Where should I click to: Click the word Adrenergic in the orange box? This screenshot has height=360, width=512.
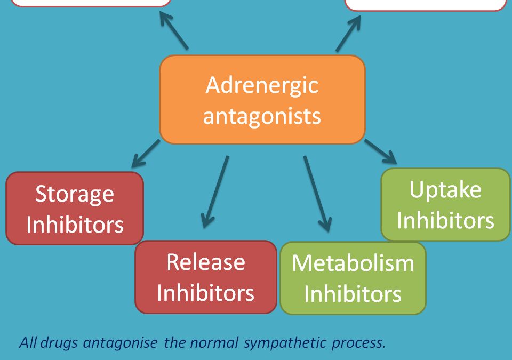pos(262,85)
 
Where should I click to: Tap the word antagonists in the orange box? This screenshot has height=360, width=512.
pos(262,116)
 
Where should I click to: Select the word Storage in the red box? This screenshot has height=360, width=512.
pos(75,195)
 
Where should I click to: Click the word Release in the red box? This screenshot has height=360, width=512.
pos(206,262)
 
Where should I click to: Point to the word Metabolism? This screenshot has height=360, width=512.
pos(353,263)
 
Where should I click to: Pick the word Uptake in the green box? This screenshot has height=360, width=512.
pos(445,190)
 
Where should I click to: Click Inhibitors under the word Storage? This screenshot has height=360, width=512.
pos(75,225)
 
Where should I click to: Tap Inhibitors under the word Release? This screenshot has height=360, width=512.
pos(206,293)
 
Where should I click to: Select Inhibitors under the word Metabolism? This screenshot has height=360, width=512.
pos(353,294)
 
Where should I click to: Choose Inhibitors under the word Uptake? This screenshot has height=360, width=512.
pos(445,220)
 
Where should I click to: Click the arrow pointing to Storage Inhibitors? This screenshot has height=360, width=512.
pos(146,154)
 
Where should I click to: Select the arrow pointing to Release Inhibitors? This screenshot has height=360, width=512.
pos(215,192)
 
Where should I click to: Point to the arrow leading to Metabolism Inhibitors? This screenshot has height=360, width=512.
pos(317,194)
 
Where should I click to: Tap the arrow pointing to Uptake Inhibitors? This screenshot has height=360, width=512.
pos(381,151)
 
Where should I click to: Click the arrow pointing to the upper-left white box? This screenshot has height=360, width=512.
pos(174,30)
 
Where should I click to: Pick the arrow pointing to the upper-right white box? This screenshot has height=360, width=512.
pos(348,33)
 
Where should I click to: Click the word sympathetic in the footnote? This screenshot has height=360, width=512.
pos(285,343)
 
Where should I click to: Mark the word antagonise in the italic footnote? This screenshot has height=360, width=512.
pos(121,343)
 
